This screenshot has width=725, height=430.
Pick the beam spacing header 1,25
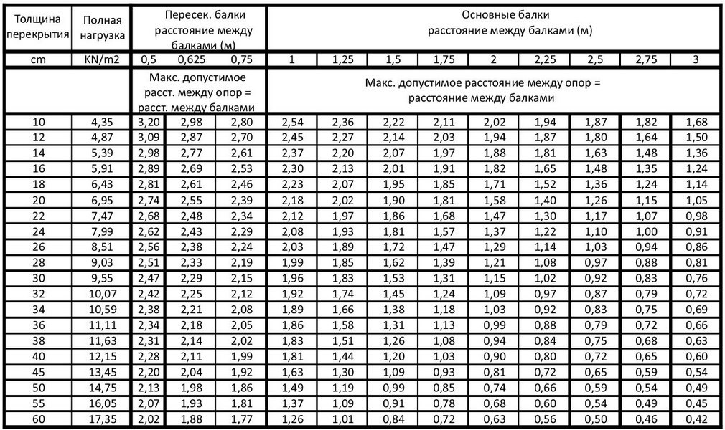click(x=342, y=59)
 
